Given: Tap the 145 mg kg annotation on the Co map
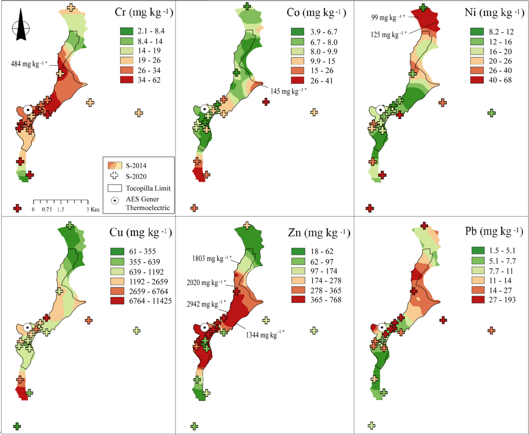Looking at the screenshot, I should coord(287,90).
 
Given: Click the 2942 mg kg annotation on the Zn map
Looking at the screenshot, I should coord(204,303).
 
